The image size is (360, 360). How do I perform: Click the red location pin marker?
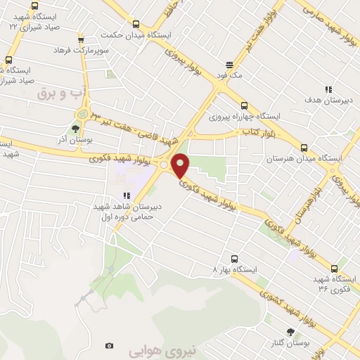click(181, 165)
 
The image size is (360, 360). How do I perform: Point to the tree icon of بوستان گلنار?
click(290, 332)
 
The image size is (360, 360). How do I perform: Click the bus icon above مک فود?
click(229, 62)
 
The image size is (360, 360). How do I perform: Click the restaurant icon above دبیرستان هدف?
click(328, 89)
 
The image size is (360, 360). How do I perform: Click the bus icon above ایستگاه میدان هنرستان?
click(304, 148)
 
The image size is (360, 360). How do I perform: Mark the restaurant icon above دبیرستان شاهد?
click(126, 196)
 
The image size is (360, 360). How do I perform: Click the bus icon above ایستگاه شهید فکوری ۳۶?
click(333, 267)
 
